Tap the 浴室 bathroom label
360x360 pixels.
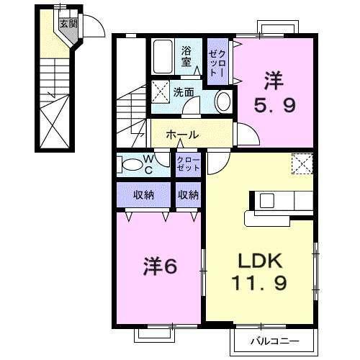186,55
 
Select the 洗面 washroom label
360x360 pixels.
184,91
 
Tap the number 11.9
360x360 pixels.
261,283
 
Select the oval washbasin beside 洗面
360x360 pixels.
223,100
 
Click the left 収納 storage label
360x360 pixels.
143,194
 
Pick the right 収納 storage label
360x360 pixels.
189,194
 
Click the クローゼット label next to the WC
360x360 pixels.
189,163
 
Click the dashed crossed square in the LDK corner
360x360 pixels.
302,164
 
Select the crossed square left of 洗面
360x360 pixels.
160,91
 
